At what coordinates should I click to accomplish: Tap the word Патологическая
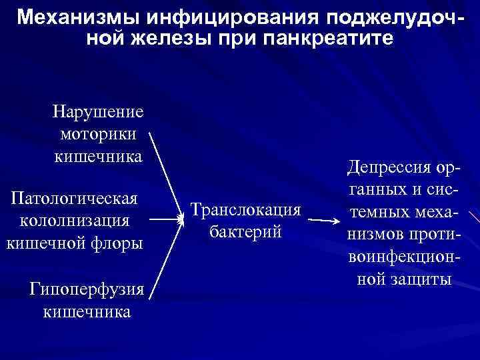point(75,198)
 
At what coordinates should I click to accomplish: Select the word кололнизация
point(75,221)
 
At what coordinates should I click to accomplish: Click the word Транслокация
point(245,209)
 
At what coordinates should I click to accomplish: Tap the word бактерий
point(245,232)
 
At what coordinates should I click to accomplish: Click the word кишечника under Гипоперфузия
point(87,311)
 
